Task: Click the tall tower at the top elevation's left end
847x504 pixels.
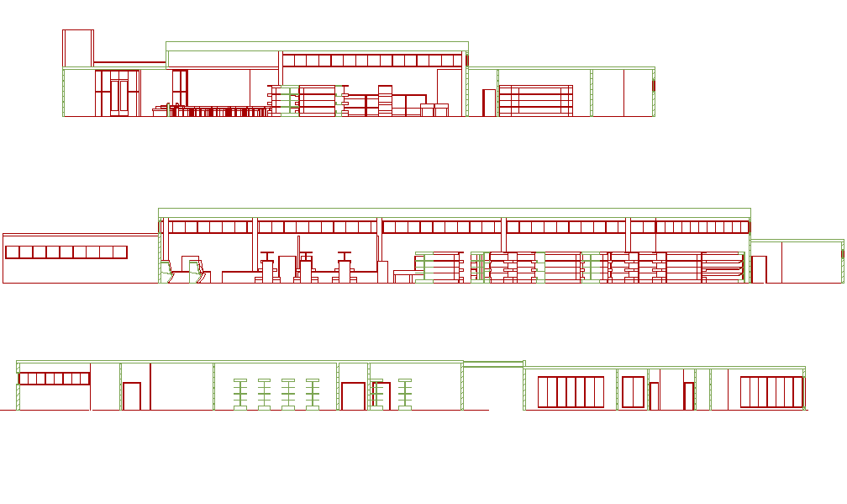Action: pos(77,48)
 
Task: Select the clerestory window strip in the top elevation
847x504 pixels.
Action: pos(372,61)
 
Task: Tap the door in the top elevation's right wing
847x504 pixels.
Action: pos(488,102)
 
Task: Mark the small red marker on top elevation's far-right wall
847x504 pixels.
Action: pos(654,85)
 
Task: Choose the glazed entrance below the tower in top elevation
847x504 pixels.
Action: pos(118,93)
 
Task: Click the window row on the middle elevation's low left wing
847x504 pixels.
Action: pos(66,252)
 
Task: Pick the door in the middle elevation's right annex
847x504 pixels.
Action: pos(759,269)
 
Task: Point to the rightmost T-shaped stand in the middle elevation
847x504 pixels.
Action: pos(344,268)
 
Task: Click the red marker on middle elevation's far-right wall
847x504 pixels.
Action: pos(843,253)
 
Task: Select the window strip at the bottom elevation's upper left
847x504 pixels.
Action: pos(54,379)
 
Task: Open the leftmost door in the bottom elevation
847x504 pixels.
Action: pos(132,395)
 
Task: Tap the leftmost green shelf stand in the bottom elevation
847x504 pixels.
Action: pos(239,394)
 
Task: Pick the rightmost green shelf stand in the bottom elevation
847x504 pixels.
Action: pos(406,394)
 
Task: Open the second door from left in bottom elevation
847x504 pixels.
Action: pos(352,395)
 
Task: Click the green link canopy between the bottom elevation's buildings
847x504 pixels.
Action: pos(493,364)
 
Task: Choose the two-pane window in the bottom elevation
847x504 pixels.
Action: pos(633,392)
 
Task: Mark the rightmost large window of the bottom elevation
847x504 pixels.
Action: pos(771,392)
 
